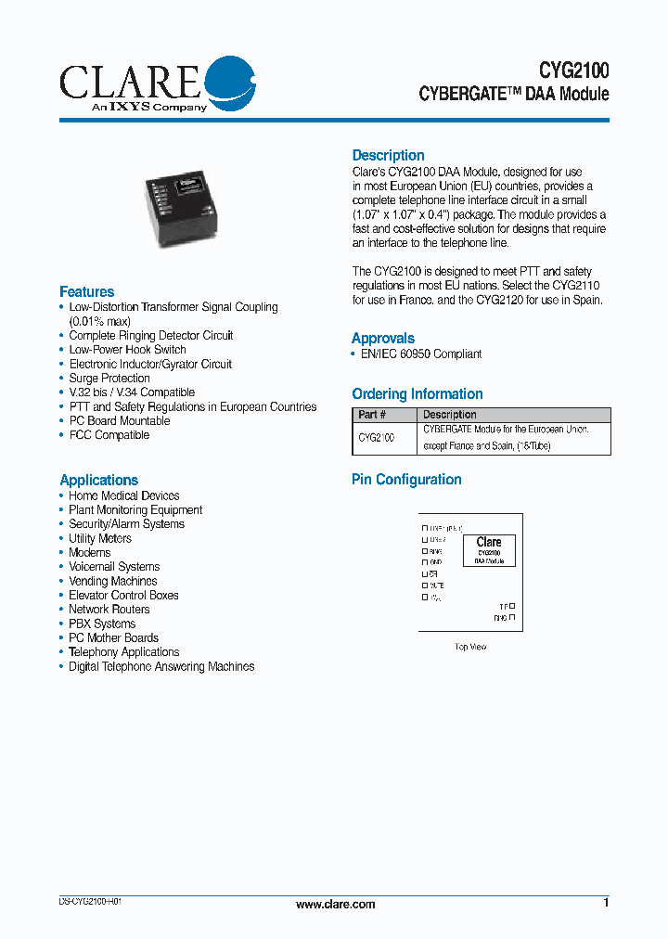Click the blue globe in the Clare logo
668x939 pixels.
[x=228, y=82]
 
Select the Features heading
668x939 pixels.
[x=86, y=291]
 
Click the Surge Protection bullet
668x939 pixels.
[x=109, y=379]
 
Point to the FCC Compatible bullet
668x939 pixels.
[x=109, y=435]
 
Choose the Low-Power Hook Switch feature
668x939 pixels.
[x=127, y=350]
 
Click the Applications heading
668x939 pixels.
[x=98, y=480]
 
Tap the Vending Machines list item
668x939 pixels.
[x=112, y=581]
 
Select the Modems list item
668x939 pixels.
[x=89, y=552]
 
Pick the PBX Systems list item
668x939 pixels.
[x=102, y=624]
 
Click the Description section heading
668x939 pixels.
[x=388, y=155]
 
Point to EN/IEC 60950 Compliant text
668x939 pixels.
[x=420, y=354]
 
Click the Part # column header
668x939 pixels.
[x=372, y=415]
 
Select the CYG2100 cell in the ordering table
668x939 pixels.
[x=376, y=437]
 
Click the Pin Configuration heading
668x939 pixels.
[x=406, y=479]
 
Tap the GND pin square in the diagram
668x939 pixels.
[x=426, y=562]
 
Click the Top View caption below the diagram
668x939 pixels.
[x=470, y=647]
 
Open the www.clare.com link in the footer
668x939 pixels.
[x=335, y=904]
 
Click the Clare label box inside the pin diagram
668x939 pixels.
[x=489, y=550]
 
